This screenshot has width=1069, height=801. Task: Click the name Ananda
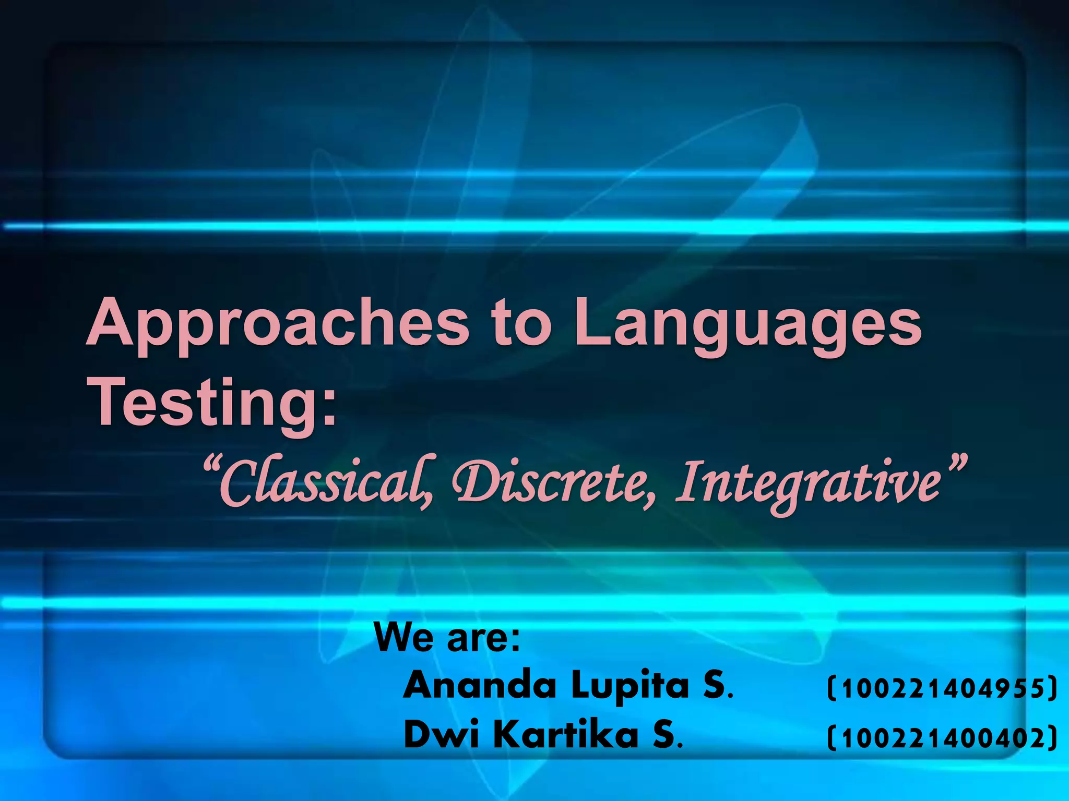(x=480, y=685)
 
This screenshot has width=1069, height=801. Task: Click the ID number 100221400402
(x=942, y=738)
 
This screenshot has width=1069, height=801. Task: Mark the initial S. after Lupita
(x=718, y=685)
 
